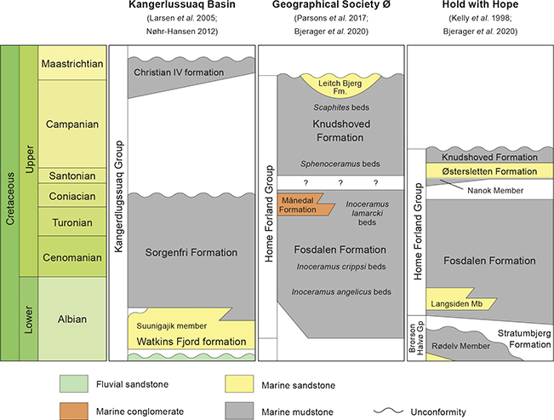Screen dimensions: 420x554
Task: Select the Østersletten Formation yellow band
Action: coord(484,172)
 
